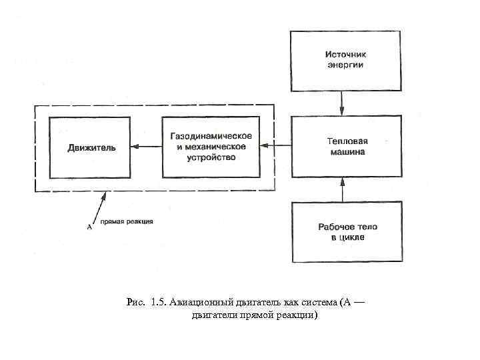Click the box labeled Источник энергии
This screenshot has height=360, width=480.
point(345,60)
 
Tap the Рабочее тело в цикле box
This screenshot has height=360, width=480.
point(347,231)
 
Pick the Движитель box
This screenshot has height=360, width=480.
point(91,147)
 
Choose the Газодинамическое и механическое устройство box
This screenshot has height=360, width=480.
point(211,147)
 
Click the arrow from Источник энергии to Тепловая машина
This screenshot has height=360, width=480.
point(342,103)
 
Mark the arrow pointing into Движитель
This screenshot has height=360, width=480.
point(147,147)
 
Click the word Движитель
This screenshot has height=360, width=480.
point(91,147)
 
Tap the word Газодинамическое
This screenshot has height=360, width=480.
point(211,136)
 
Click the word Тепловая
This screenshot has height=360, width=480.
point(347,141)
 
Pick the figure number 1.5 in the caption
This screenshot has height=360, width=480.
point(159,302)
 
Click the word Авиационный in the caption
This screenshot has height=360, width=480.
point(195,302)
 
